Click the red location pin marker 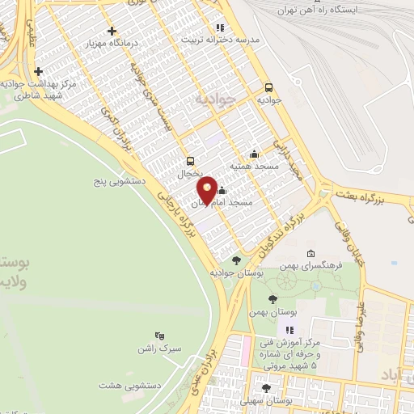click(208, 189)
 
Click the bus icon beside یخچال click(190, 160)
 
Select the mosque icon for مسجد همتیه click(255, 154)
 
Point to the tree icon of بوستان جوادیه click(236, 260)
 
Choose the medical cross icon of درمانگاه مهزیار click(112, 30)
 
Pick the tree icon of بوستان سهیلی click(266, 388)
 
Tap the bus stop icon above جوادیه click(268, 87)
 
